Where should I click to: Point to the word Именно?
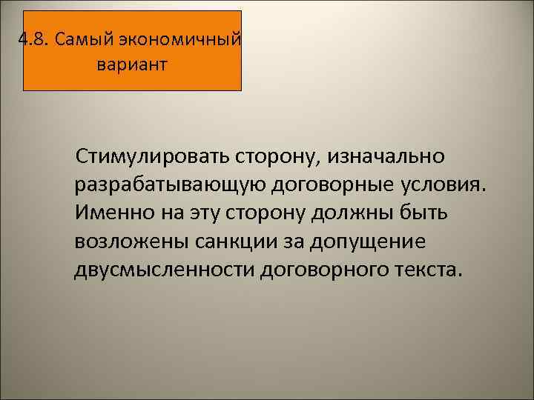coord(113,213)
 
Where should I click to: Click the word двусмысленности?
coord(164,270)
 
